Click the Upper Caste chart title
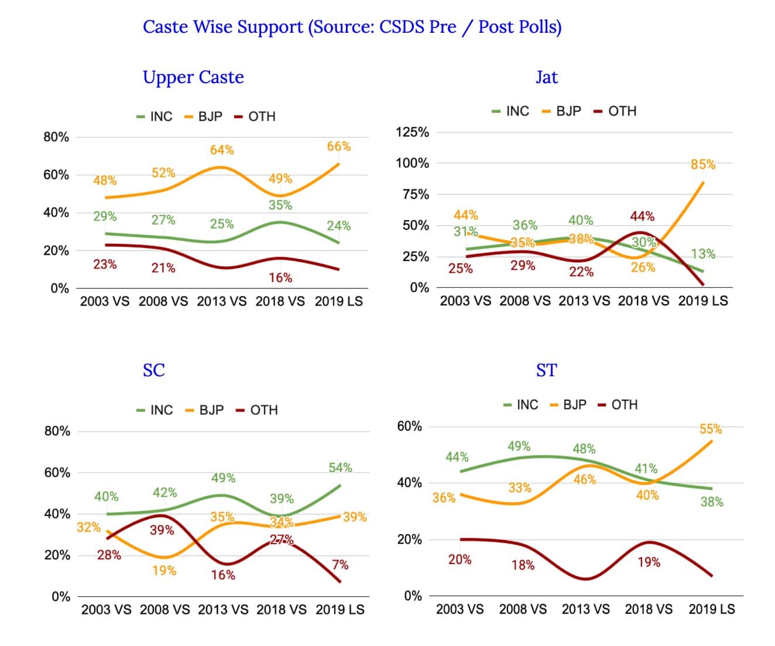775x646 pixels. pos(193,78)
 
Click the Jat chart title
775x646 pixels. pos(547,78)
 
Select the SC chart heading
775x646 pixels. pos(154,370)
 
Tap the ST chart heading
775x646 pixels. pos(547,370)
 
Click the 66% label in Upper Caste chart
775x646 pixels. pos(339,146)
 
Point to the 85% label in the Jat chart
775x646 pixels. pos(702,164)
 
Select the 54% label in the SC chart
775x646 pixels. pos(340,468)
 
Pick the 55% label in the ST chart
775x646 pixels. pos(711,429)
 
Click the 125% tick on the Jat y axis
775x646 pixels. pos(412,132)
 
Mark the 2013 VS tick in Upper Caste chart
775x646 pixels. pos(222,301)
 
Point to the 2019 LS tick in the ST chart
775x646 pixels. pos(711,609)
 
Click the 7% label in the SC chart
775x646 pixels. pos(340,565)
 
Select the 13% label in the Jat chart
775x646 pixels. pos(702,254)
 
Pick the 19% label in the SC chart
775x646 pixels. pos(164,570)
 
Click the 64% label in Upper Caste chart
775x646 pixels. pos(222,150)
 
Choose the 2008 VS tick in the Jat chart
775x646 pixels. pos(525,301)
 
